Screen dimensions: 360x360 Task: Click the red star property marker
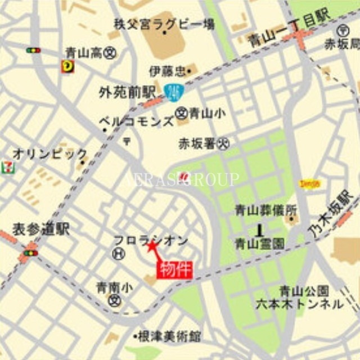(151, 246)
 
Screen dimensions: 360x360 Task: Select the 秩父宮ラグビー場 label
(164, 24)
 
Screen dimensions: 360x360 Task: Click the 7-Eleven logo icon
(7, 166)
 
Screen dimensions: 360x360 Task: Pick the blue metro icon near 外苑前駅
(173, 91)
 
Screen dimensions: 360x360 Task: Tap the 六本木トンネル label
(307, 304)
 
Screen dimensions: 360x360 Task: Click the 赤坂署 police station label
(197, 143)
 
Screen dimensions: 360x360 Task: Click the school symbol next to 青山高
(110, 53)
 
